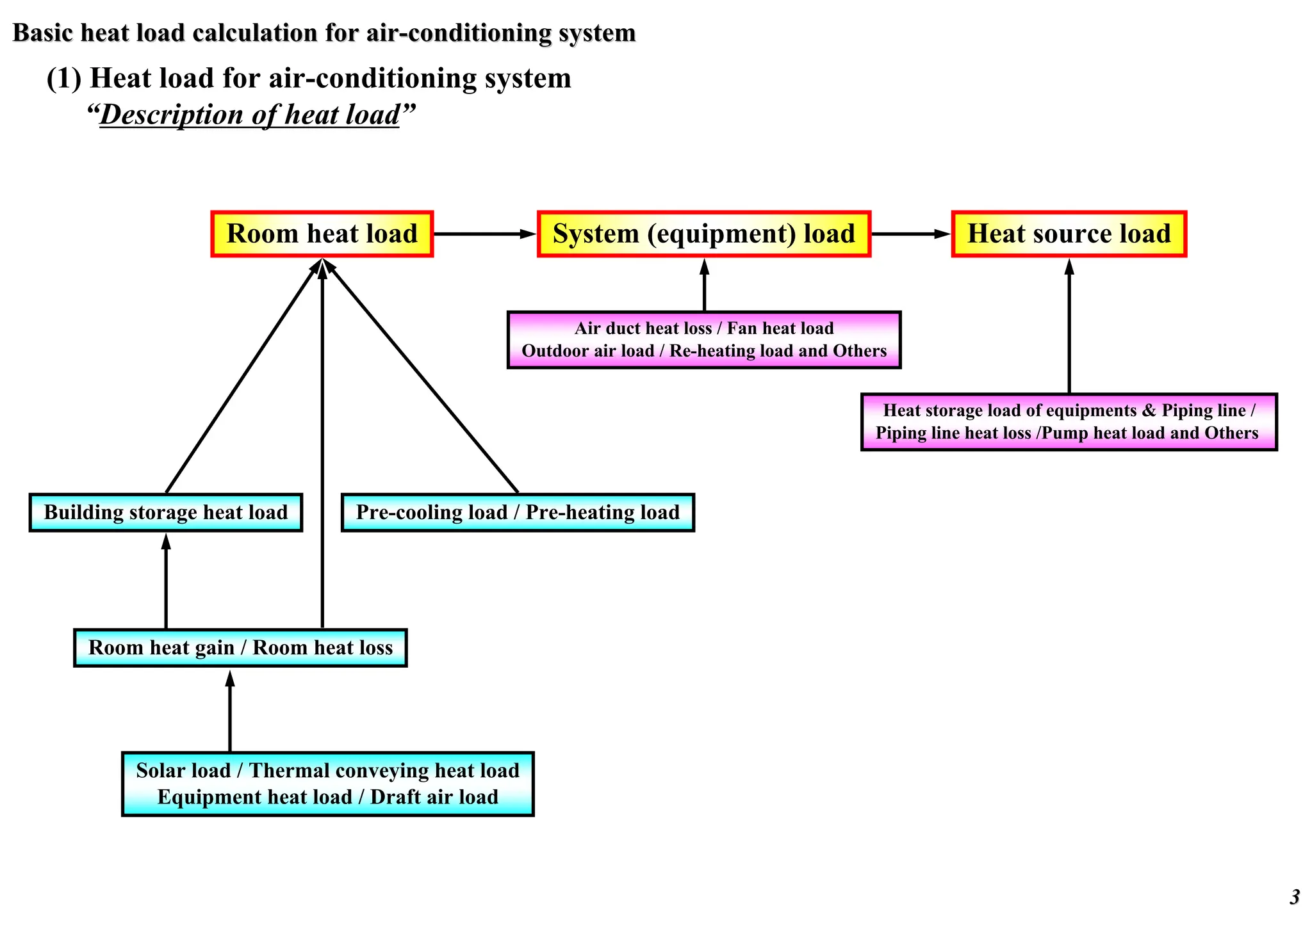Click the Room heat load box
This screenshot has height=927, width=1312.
coord(322,234)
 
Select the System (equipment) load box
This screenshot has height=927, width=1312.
coord(703,234)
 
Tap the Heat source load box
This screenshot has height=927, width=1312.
coord(1069,234)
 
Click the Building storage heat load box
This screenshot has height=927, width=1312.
coord(165,512)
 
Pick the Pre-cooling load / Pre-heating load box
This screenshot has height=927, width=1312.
coord(518,512)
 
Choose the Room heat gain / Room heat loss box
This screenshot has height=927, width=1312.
coord(240,647)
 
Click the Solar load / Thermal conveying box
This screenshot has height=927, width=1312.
coord(327,784)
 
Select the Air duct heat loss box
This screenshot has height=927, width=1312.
coord(704,340)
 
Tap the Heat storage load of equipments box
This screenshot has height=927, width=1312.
coord(1069,422)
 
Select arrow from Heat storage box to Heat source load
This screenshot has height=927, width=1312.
coord(1069,326)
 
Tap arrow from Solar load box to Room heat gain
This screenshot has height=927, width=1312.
coord(230,711)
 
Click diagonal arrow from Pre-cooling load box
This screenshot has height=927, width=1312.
coord(423,378)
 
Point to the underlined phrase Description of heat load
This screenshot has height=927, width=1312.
coord(250,115)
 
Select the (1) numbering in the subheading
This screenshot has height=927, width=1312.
coord(63,79)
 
